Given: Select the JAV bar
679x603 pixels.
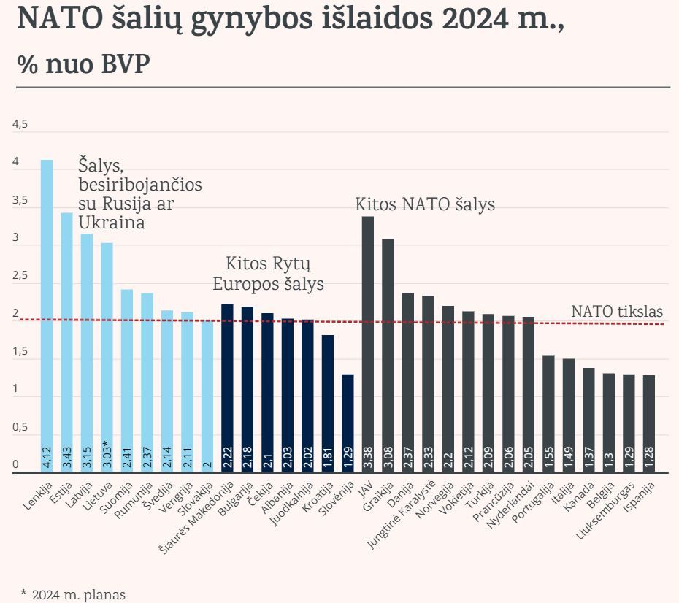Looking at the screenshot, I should click(368, 344).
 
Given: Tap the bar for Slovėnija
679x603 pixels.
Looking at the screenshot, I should click(348, 423).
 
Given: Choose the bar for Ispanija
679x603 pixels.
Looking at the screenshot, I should click(649, 423).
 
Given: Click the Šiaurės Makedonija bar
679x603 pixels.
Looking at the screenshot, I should click(227, 388).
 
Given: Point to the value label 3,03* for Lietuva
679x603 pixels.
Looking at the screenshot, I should click(107, 453).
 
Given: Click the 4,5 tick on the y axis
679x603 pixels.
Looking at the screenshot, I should click(20, 125).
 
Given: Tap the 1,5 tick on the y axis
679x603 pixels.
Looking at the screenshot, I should click(20, 352).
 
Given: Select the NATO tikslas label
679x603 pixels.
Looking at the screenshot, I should click(617, 312).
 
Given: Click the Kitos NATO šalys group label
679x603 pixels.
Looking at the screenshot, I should click(425, 204).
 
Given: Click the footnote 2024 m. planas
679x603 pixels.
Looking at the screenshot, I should click(72, 594).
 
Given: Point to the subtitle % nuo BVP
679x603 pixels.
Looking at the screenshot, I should click(83, 65).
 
